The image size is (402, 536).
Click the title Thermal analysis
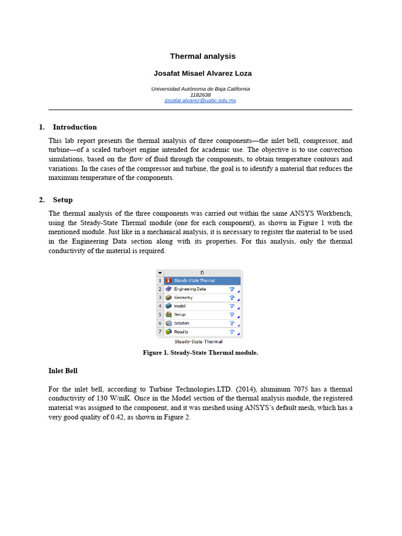point(203,56)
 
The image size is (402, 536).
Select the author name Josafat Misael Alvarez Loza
point(203,73)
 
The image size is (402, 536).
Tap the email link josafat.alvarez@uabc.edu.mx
point(200,100)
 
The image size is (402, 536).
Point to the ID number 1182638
point(200,95)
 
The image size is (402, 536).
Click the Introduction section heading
point(74,127)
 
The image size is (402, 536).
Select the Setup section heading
point(62,200)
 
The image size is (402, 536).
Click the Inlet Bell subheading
point(63,371)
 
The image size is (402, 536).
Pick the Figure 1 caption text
point(200,353)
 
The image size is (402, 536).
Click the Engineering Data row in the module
point(189,289)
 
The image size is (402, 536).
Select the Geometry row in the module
point(183,297)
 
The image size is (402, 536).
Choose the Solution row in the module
point(182,323)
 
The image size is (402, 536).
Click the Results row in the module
point(181,331)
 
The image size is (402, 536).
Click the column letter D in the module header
point(202,272)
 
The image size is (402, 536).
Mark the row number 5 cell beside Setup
point(160,315)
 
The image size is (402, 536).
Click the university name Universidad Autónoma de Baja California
point(200,89)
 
